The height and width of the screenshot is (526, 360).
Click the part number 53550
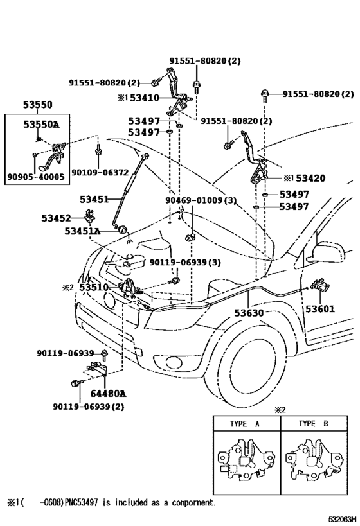click(x=39, y=104)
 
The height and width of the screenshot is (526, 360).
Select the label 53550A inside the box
click(x=41, y=124)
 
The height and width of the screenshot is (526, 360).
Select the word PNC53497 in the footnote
click(x=84, y=503)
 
